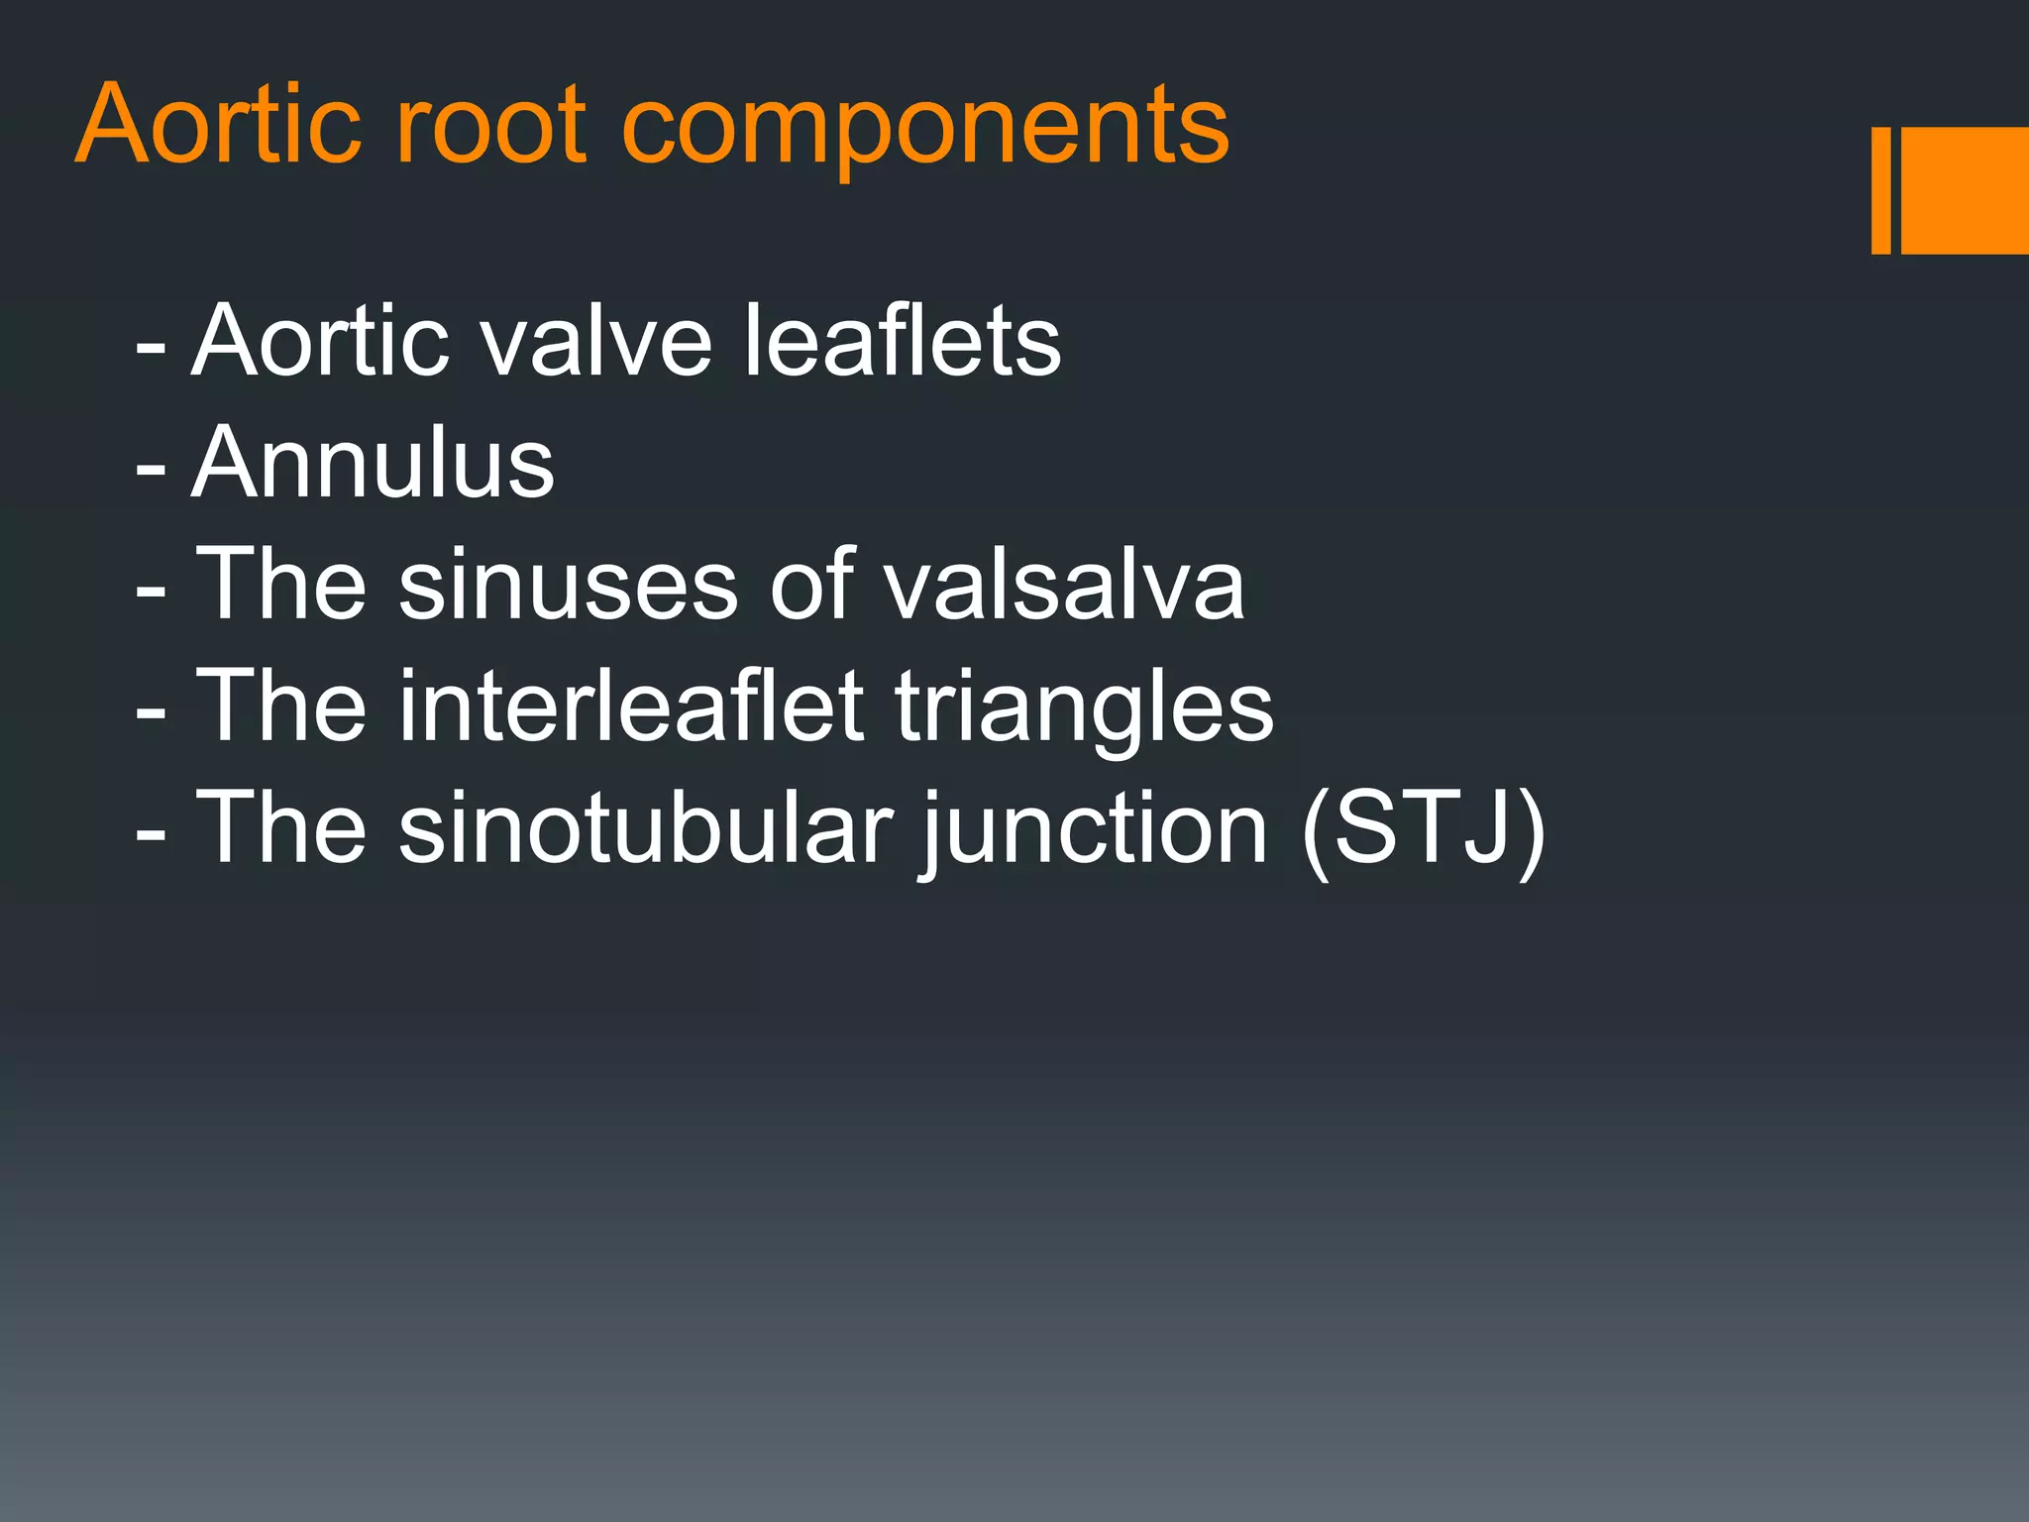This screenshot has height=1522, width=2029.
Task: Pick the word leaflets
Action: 902,341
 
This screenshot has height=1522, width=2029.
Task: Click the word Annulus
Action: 374,463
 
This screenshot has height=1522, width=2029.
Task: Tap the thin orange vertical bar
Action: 1880,190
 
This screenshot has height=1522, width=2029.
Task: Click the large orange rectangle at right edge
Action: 1966,190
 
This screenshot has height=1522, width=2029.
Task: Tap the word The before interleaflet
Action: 281,706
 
